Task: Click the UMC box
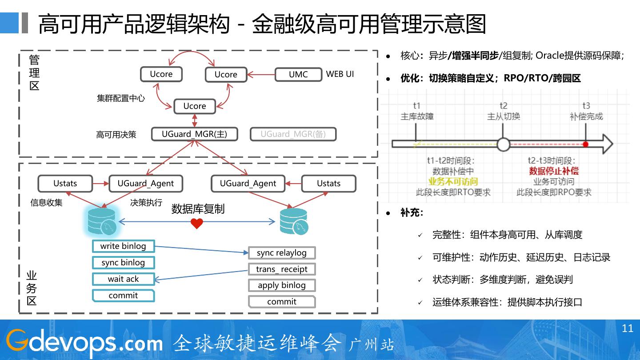click(x=298, y=75)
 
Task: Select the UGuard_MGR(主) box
click(x=194, y=134)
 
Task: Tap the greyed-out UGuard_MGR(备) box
click(x=293, y=134)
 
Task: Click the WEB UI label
click(x=340, y=74)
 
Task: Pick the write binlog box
click(x=123, y=246)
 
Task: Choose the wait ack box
click(x=123, y=279)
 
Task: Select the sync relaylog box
click(x=282, y=253)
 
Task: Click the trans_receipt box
click(x=282, y=269)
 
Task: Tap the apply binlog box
click(x=282, y=285)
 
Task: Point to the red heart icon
click(x=197, y=224)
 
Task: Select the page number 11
click(x=627, y=328)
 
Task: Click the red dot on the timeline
click(x=586, y=144)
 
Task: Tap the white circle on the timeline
click(x=503, y=144)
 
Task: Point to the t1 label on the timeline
click(x=416, y=106)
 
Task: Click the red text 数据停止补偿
click(x=554, y=171)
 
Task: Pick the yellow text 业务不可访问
click(x=453, y=181)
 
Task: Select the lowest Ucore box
click(x=195, y=106)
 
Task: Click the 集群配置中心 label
click(x=121, y=98)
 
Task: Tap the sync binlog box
click(x=123, y=263)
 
